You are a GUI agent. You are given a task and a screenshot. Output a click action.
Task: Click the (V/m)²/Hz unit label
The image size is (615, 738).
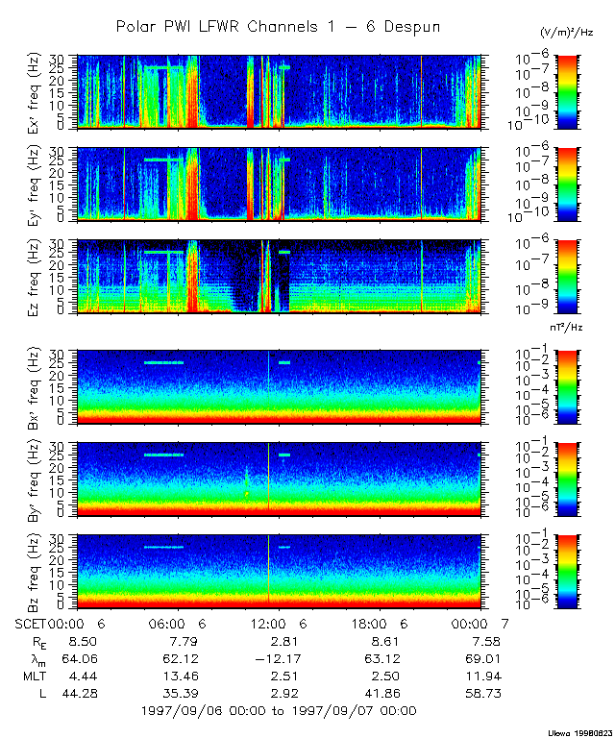567,32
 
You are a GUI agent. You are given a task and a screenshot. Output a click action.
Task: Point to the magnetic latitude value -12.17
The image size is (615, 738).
274,657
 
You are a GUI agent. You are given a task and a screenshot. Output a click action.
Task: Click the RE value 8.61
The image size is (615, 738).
377,640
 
